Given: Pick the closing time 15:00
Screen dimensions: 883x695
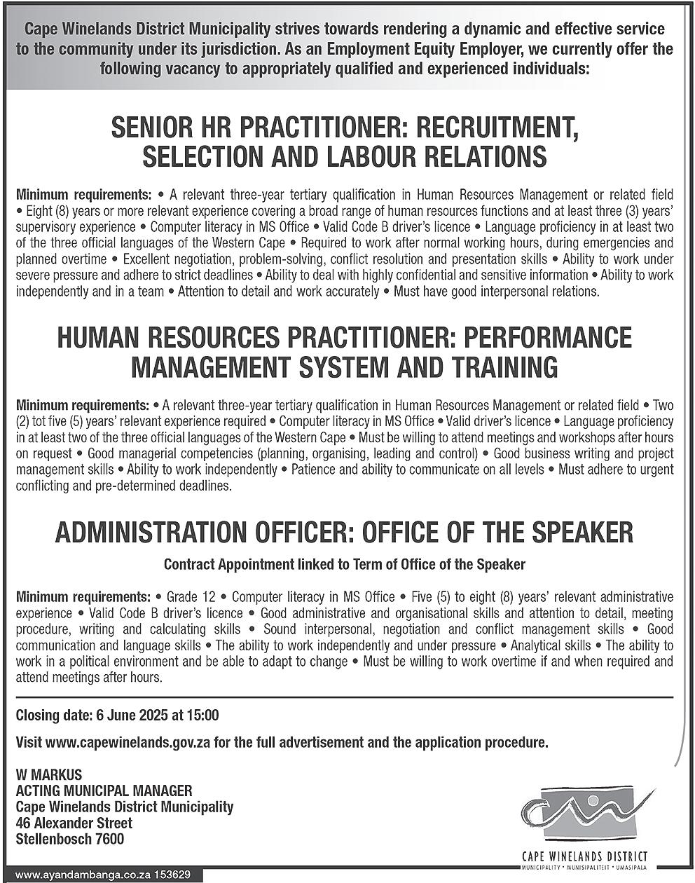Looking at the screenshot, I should point(203,716).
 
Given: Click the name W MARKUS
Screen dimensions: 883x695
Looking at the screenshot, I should point(49,774).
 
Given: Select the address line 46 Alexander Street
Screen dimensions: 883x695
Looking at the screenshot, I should point(74,823).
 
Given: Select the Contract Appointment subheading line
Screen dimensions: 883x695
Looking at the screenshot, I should point(344,563).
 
